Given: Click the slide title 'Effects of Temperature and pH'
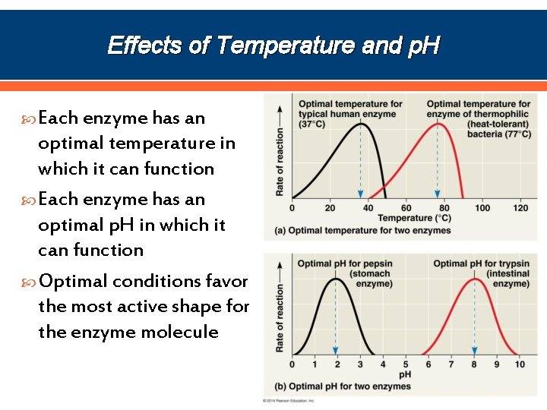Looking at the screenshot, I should [273, 46].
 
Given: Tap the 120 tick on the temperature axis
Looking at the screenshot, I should [520, 208].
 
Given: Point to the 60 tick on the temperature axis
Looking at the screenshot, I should [406, 208].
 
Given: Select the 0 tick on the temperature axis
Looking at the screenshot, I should [292, 208].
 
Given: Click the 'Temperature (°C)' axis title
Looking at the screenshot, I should [414, 219].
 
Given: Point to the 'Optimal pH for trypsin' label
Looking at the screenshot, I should [481, 264].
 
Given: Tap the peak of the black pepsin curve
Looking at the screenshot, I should [337, 279].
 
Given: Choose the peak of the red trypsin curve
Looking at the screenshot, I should [475, 279].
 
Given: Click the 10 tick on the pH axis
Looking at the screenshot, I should [520, 365].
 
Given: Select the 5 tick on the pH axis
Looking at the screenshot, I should [406, 365].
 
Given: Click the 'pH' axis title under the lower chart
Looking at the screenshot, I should [406, 375].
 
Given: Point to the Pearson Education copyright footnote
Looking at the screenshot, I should [289, 400].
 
